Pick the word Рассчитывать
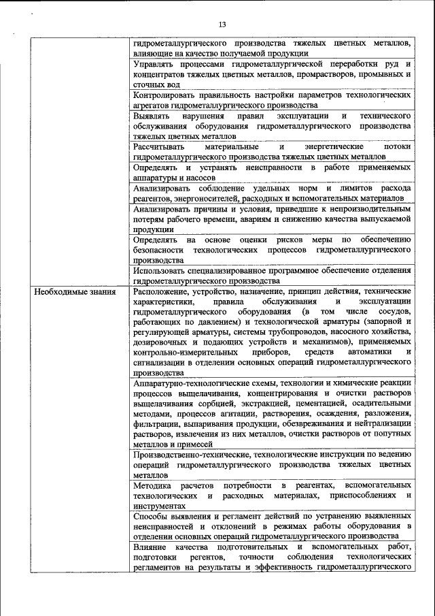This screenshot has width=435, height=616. coord(161,147)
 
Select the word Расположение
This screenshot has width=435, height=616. coord(162,291)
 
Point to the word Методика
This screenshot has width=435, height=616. coord(152,485)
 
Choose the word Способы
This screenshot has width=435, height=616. coord(151,517)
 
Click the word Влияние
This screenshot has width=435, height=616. coord(150,548)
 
